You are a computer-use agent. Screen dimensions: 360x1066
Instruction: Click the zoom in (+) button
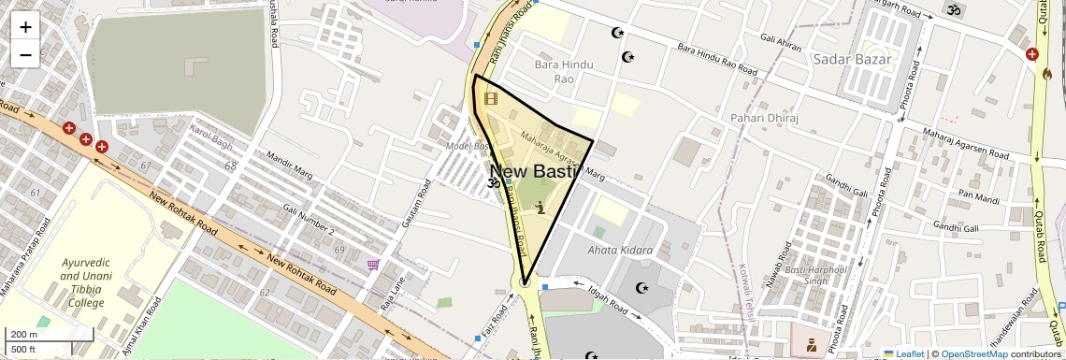point(25,27)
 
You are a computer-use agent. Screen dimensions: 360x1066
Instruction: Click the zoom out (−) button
point(25,54)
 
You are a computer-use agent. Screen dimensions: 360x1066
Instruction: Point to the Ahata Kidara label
point(620,251)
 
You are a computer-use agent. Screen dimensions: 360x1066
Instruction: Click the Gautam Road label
point(420,210)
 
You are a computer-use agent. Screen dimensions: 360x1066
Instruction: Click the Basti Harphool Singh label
point(815,277)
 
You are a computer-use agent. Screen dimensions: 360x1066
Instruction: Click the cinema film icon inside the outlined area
point(491,96)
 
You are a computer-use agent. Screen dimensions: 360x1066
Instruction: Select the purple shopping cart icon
point(373,266)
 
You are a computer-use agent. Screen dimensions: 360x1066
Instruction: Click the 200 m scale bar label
point(24,335)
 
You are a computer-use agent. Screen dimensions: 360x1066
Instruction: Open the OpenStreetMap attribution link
point(973,354)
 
